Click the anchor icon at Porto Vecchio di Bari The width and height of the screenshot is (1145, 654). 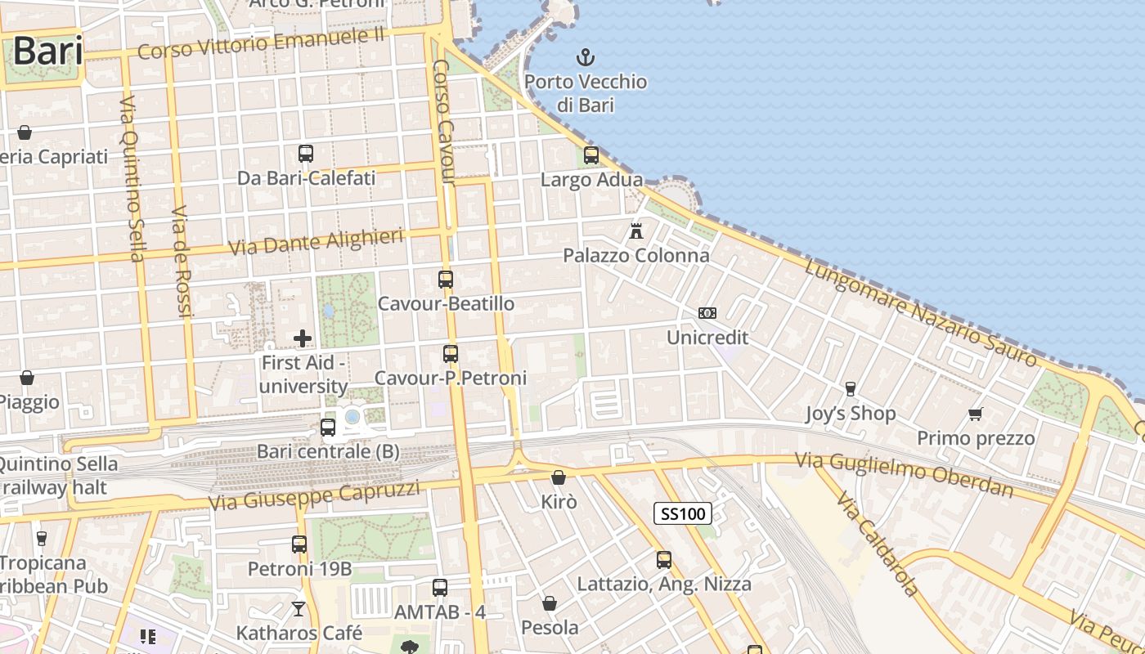(x=585, y=57)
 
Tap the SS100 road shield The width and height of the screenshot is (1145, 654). (x=683, y=513)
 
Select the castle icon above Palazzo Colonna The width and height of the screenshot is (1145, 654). (x=636, y=231)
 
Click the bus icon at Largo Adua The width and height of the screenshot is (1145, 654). (x=590, y=155)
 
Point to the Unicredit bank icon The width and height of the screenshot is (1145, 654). (x=707, y=313)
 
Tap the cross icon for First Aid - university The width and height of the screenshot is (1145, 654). (x=303, y=338)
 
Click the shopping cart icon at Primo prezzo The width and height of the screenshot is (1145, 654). (x=975, y=414)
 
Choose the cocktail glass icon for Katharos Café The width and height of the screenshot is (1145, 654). (x=299, y=609)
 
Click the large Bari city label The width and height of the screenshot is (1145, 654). (x=47, y=51)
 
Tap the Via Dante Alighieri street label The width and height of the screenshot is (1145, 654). (x=316, y=242)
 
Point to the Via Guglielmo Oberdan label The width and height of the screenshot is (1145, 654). (x=905, y=475)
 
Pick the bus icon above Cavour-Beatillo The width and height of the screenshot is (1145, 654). (x=446, y=280)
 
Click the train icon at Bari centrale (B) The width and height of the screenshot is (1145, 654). (x=328, y=427)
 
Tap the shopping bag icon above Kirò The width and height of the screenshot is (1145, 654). (x=559, y=477)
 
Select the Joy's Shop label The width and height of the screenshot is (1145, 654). (x=851, y=414)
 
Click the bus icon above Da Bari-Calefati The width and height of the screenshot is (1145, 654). (x=306, y=154)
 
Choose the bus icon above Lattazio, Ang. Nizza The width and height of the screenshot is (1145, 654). (x=664, y=560)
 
